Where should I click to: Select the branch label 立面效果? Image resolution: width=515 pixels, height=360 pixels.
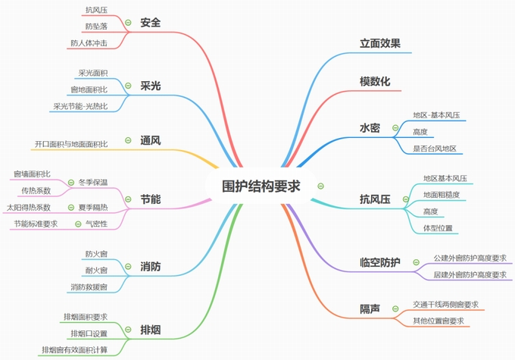[380, 43]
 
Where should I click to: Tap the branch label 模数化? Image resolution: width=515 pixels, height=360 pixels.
[375, 81]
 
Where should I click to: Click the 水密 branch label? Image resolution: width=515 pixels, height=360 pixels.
[370, 127]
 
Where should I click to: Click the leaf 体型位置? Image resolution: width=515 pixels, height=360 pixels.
[436, 227]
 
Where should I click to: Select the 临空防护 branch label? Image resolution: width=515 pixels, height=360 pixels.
[379, 262]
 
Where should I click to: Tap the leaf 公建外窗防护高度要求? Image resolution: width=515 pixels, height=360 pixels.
[470, 258]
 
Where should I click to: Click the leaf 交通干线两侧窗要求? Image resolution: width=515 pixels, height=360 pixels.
[445, 304]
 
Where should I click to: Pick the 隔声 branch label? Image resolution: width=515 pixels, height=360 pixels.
[370, 308]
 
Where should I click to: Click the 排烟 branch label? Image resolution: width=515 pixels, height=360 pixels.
[150, 330]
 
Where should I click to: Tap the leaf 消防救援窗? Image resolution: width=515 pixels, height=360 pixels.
[89, 287]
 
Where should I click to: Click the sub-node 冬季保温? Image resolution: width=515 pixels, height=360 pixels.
[93, 183]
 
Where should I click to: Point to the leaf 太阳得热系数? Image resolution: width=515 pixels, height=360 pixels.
[29, 207]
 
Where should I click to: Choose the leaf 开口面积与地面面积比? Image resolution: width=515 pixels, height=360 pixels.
[71, 143]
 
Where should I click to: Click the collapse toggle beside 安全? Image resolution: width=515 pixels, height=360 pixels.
[128, 23]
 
